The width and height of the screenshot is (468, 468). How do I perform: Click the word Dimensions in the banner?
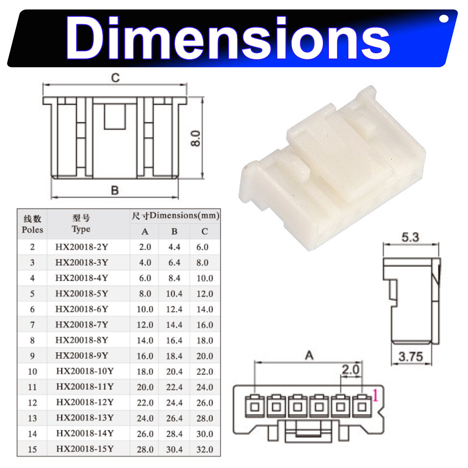tap(228, 38)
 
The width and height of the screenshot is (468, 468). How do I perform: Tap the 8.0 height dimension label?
tap(195, 138)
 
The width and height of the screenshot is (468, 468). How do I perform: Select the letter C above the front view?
tap(115, 78)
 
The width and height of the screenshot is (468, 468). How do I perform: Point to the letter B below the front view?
tap(115, 190)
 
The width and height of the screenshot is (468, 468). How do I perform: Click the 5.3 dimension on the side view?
tap(410, 237)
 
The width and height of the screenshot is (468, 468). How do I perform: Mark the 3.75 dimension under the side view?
tap(411, 356)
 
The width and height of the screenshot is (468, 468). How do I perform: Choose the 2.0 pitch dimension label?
tap(351, 370)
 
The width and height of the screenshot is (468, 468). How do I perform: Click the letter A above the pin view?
tap(309, 355)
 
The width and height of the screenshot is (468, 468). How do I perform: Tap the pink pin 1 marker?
tap(375, 396)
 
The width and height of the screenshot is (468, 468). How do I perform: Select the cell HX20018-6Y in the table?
tap(81, 309)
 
